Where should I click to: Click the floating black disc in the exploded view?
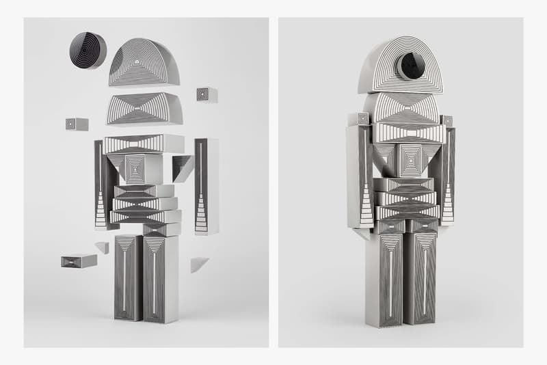(88, 50)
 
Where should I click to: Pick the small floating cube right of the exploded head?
(206, 95)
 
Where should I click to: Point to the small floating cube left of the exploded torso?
(77, 124)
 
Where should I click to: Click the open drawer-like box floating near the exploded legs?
(78, 260)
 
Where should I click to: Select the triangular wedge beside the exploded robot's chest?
(183, 166)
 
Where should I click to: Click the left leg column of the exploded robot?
(128, 277)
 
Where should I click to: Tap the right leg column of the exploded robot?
(161, 277)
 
